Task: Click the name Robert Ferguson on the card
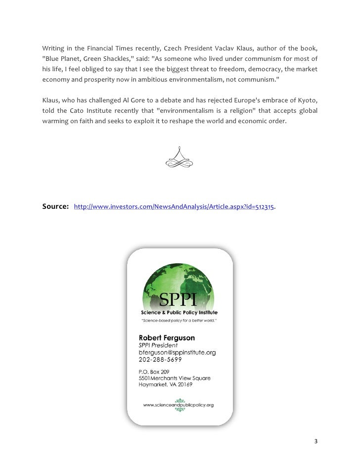pos(167,338)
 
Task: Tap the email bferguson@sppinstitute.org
pos(177,352)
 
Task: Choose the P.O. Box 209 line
pos(153,371)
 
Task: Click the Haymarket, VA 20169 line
pos(165,384)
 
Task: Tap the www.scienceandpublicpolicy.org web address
pos(179,405)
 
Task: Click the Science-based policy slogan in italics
pos(179,321)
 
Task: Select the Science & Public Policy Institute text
pos(179,313)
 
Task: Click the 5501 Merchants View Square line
pos(175,378)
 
